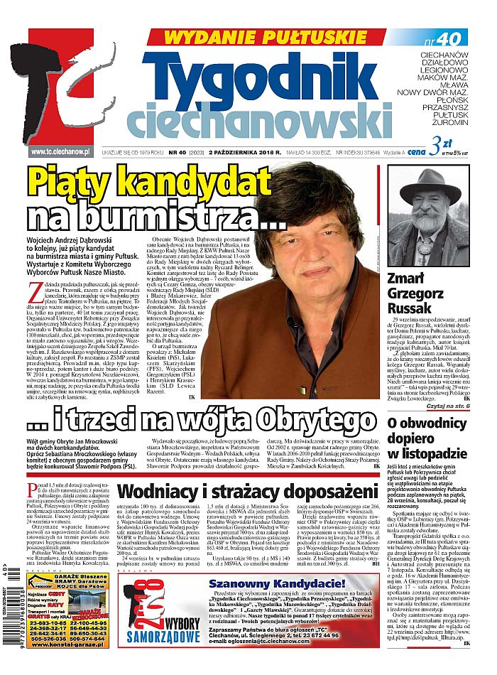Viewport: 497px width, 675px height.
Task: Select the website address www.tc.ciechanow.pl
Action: [60, 151]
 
